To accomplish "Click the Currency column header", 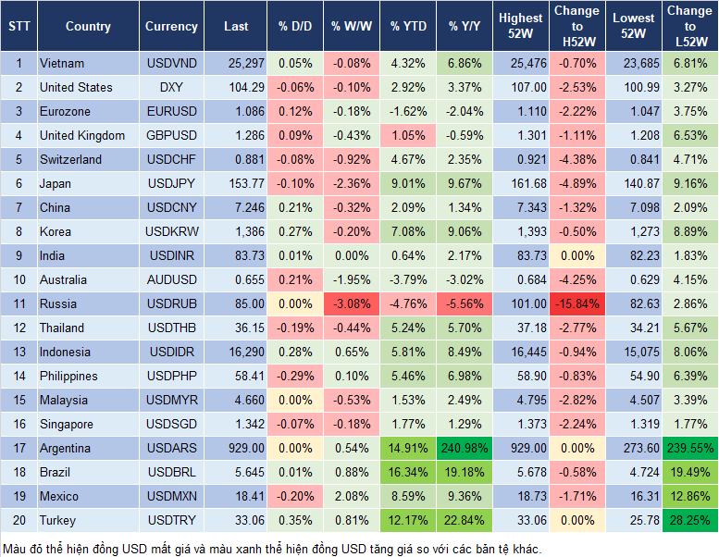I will click(x=171, y=27).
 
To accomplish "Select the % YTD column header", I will click(x=407, y=27).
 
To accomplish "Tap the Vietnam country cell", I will click(x=62, y=63).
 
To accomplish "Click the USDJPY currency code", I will click(x=171, y=183).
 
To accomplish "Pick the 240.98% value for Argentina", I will click(x=465, y=448).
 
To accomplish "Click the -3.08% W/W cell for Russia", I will click(x=349, y=303).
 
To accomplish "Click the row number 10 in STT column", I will click(x=18, y=279).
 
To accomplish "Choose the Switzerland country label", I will click(x=70, y=159).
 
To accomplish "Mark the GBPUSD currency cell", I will click(x=171, y=135).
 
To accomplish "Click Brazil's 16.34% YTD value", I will click(x=407, y=472).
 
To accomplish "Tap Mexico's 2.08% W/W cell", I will click(x=349, y=496).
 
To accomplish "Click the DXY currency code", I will click(x=171, y=87).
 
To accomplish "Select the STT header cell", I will click(x=18, y=27).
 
